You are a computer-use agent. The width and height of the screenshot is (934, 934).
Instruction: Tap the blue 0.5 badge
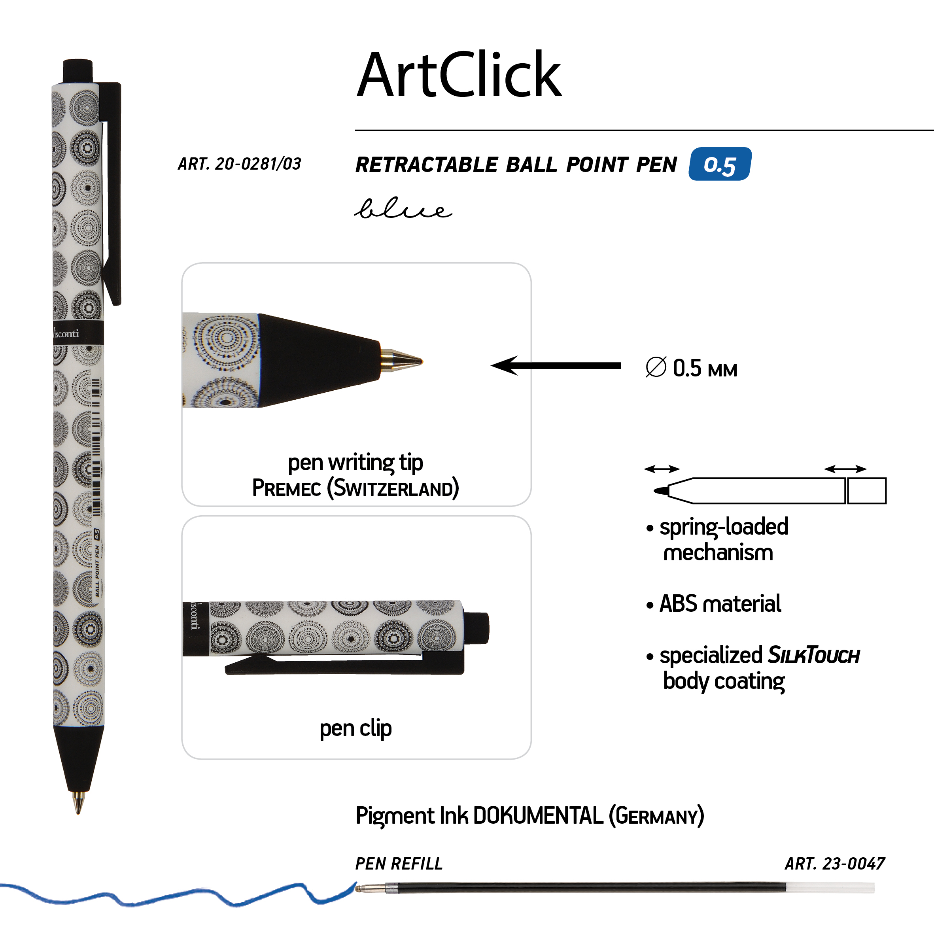coord(720,164)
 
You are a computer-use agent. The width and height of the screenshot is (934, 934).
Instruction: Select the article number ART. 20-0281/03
coord(239,164)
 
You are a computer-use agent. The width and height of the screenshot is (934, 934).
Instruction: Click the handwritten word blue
coord(403,209)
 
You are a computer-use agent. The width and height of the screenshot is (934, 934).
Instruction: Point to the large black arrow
coord(556,365)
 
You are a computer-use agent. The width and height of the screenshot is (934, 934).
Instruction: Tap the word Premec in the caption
coord(287,488)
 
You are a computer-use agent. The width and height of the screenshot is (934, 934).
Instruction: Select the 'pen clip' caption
coord(356,728)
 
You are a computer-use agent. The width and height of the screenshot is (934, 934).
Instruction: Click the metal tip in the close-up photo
coord(401,361)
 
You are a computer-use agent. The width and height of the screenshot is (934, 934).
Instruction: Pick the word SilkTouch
coord(814,656)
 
